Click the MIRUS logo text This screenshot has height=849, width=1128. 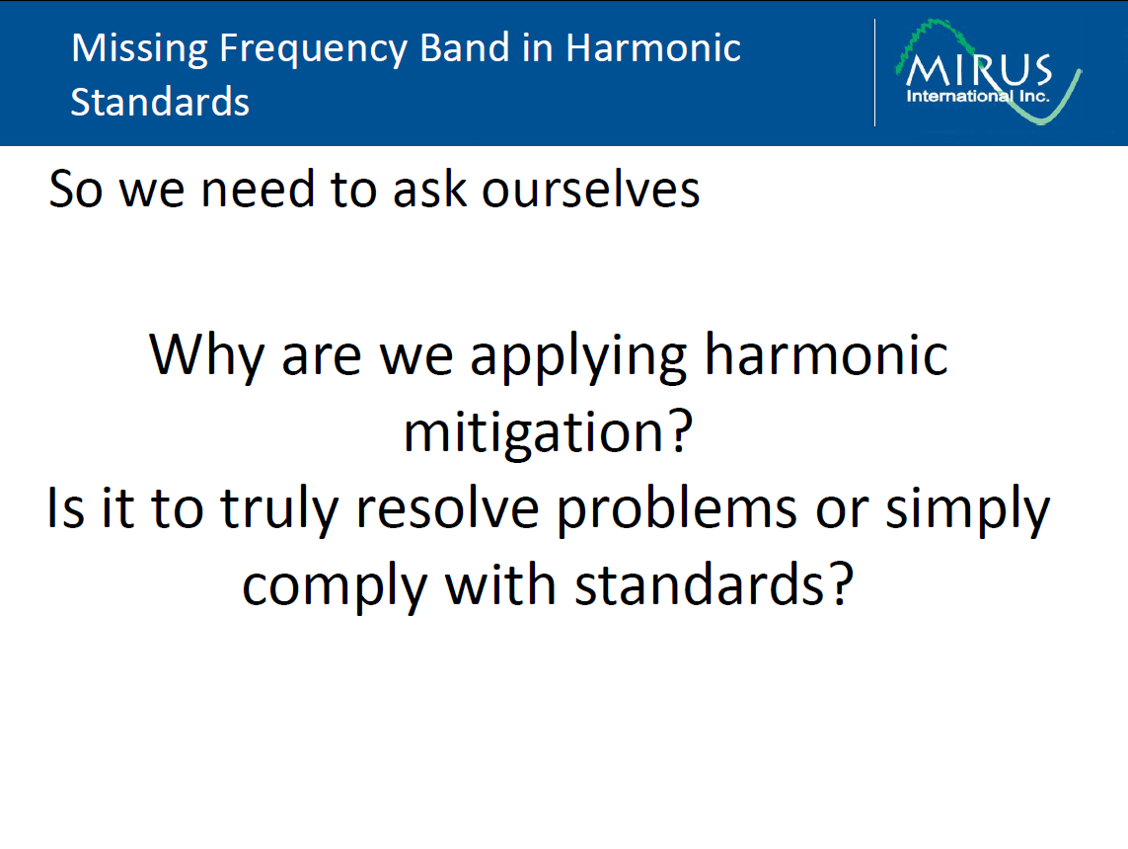point(978,71)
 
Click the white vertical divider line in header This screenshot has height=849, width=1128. point(874,72)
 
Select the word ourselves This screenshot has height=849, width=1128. point(590,189)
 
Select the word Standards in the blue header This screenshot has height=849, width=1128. point(160,102)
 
